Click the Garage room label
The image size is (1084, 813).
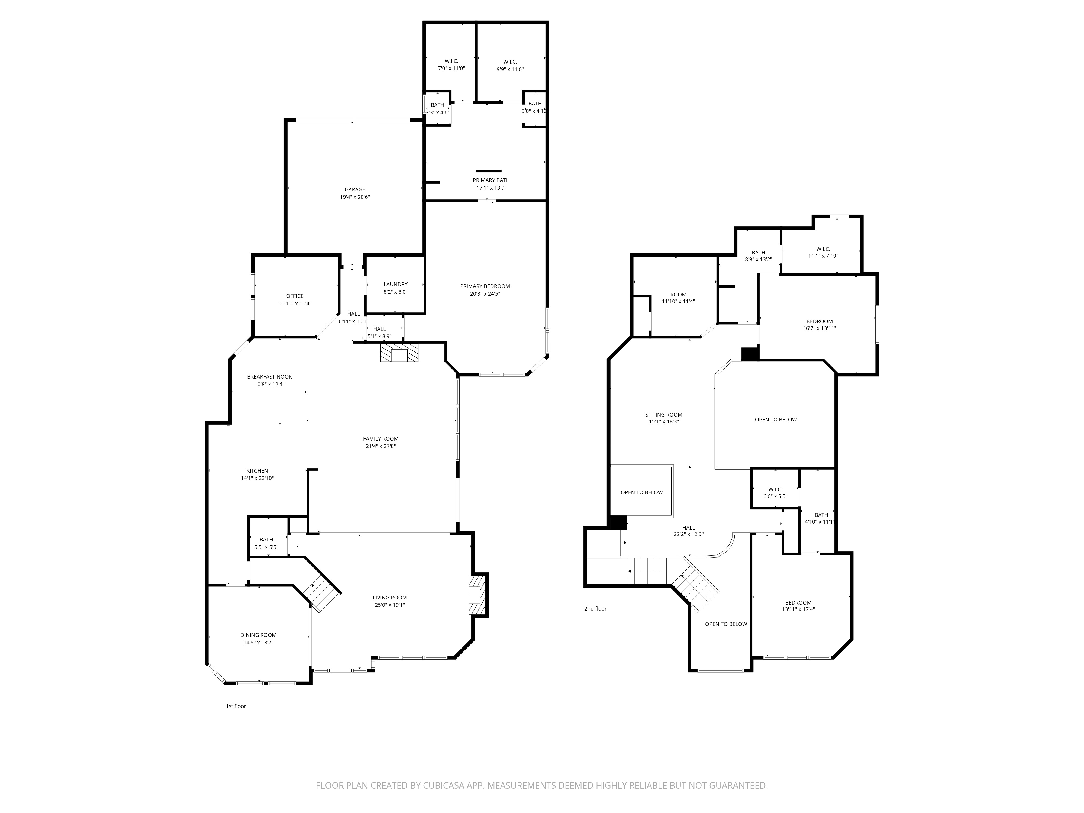tap(355, 190)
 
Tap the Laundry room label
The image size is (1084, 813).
tap(395, 284)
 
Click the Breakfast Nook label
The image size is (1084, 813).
tap(270, 377)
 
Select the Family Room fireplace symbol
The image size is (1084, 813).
tap(399, 352)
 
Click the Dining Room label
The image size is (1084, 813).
tap(258, 635)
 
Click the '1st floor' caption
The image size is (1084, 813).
tap(236, 706)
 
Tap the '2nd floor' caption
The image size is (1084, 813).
tap(595, 609)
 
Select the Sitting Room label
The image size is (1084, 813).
tap(664, 415)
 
